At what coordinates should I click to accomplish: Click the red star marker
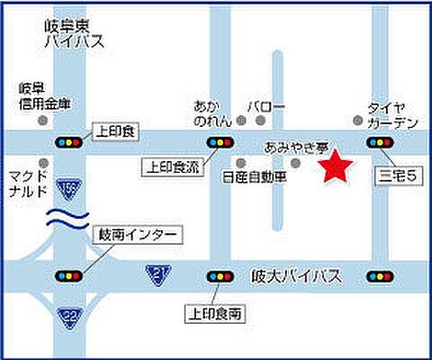(337, 166)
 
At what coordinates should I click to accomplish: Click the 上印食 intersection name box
(115, 131)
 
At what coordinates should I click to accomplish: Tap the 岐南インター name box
(137, 237)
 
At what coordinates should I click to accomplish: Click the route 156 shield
(67, 189)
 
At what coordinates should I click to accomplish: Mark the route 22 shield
(68, 316)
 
